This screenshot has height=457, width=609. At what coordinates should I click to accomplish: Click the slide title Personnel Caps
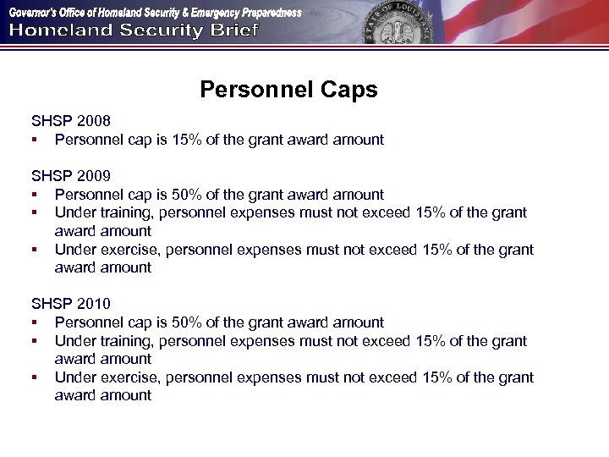coord(288,90)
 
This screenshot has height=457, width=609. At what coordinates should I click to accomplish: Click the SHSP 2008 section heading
coord(71,121)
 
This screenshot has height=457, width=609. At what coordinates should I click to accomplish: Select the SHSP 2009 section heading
coord(71,176)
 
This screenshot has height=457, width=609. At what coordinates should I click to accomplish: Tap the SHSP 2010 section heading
coord(71,304)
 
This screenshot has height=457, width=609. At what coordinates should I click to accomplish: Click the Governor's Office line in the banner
coord(155,12)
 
